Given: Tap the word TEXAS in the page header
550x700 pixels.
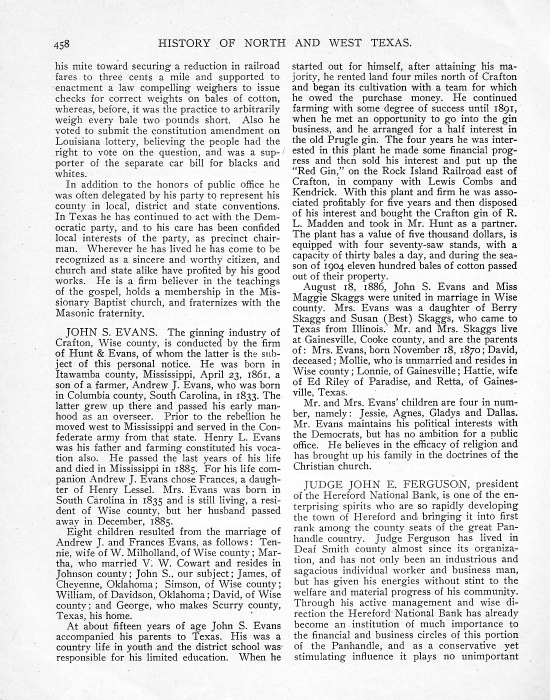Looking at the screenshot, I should tap(391, 43).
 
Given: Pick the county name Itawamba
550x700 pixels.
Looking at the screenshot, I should tap(78, 375).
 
